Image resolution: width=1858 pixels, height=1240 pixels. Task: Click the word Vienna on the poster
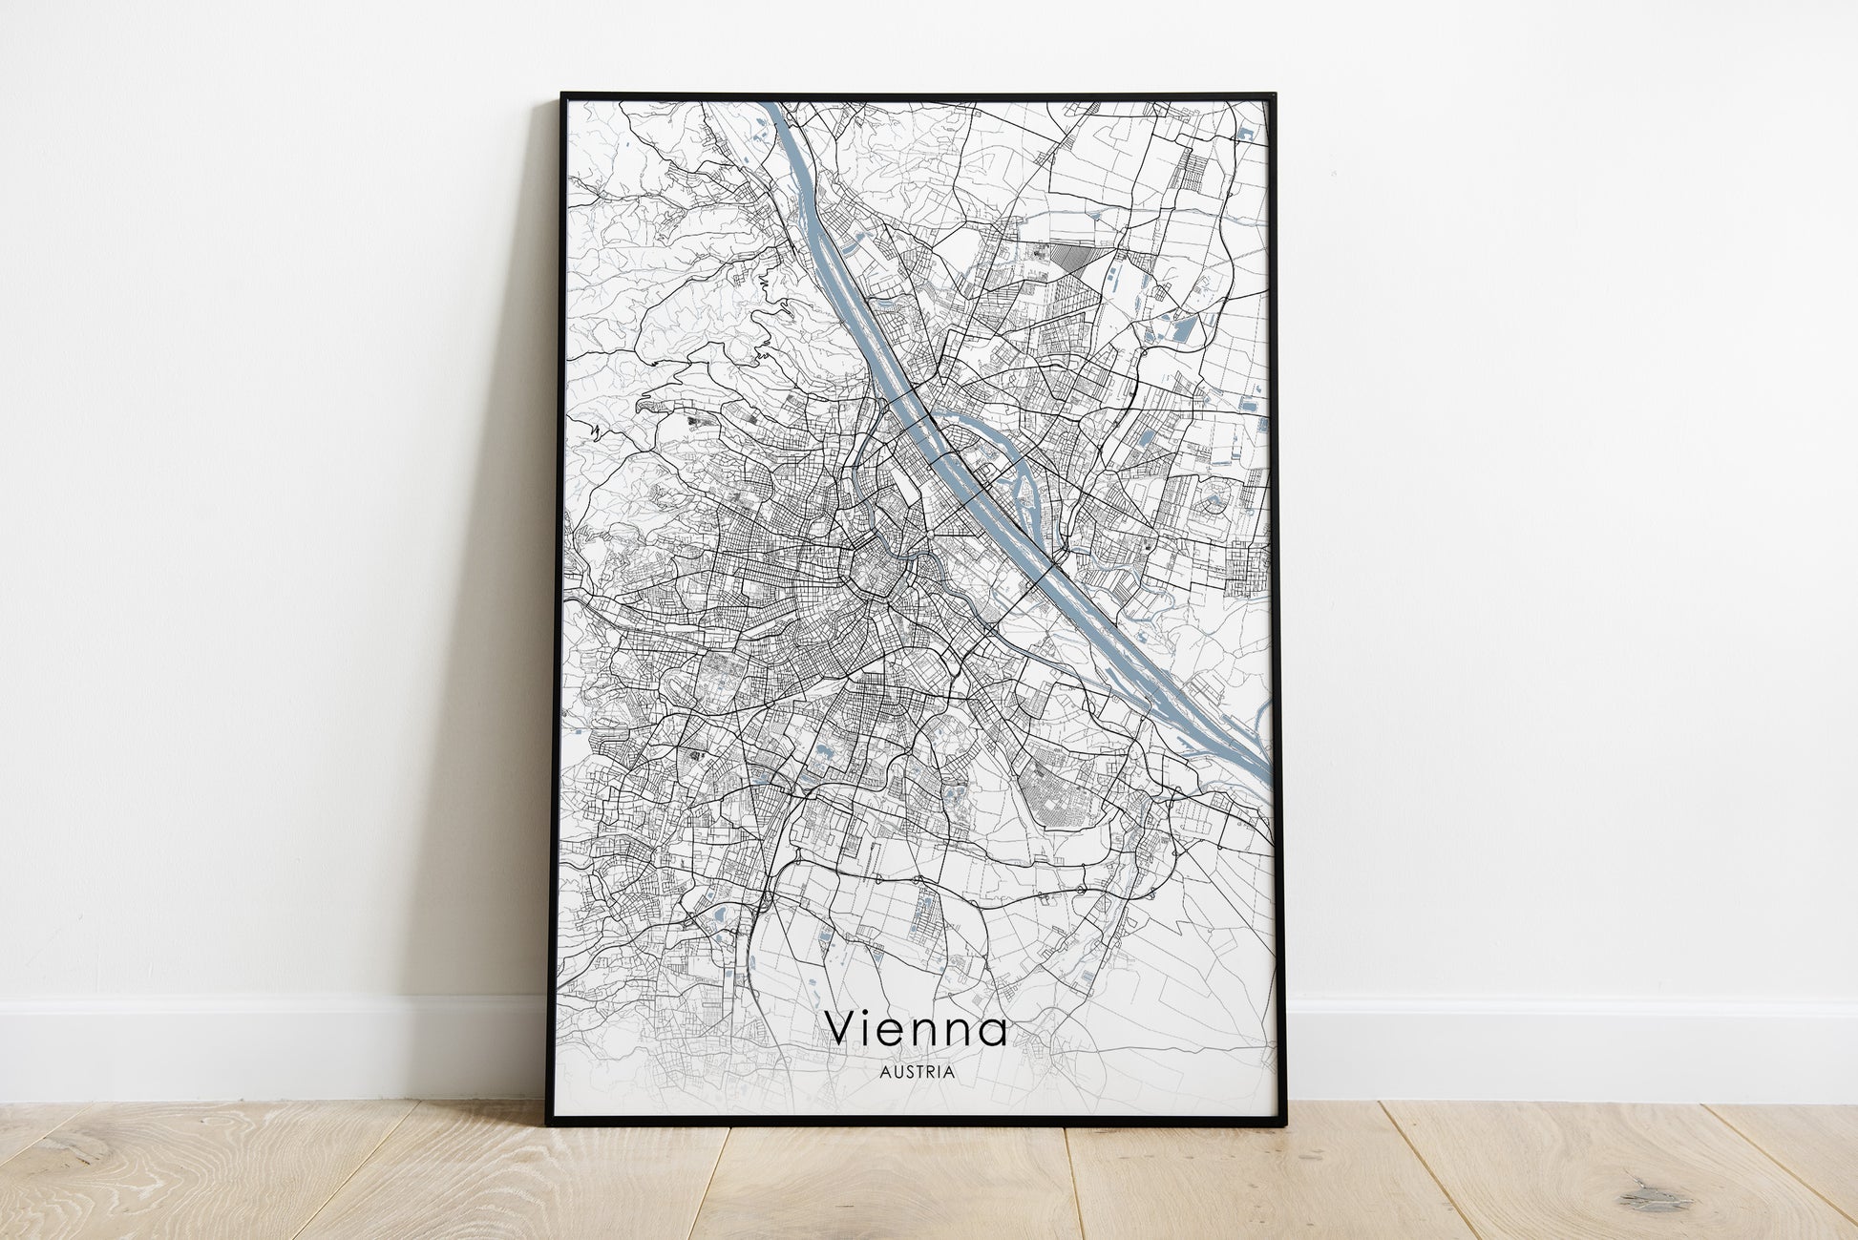(916, 1027)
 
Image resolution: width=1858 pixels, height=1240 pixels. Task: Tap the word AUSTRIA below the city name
(916, 1072)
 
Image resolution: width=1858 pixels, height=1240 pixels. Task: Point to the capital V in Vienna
(843, 1028)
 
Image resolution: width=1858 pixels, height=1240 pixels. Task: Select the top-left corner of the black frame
(562, 95)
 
